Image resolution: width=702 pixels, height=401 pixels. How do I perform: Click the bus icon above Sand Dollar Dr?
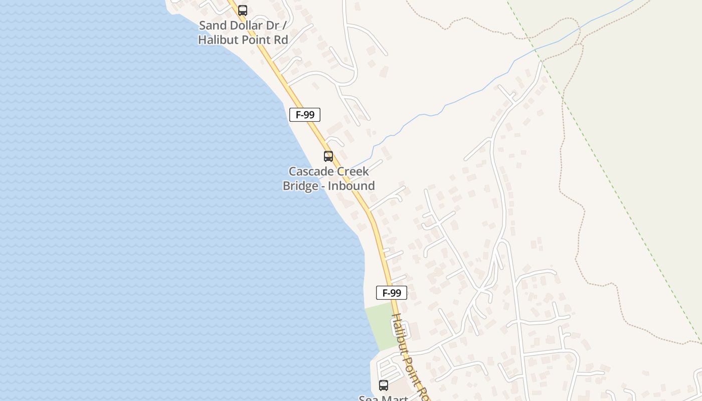[243, 10]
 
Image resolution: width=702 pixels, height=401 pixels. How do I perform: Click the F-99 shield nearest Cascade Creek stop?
[305, 115]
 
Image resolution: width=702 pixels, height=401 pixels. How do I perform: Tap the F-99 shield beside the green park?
[391, 293]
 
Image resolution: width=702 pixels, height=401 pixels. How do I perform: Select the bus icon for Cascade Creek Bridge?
[328, 156]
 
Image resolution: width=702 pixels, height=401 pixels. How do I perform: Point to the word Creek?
[353, 171]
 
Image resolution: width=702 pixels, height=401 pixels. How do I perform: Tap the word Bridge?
[300, 186]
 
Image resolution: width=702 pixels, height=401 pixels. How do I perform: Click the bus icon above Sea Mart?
[384, 385]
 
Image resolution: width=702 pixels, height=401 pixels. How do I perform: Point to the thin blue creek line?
[451, 103]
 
